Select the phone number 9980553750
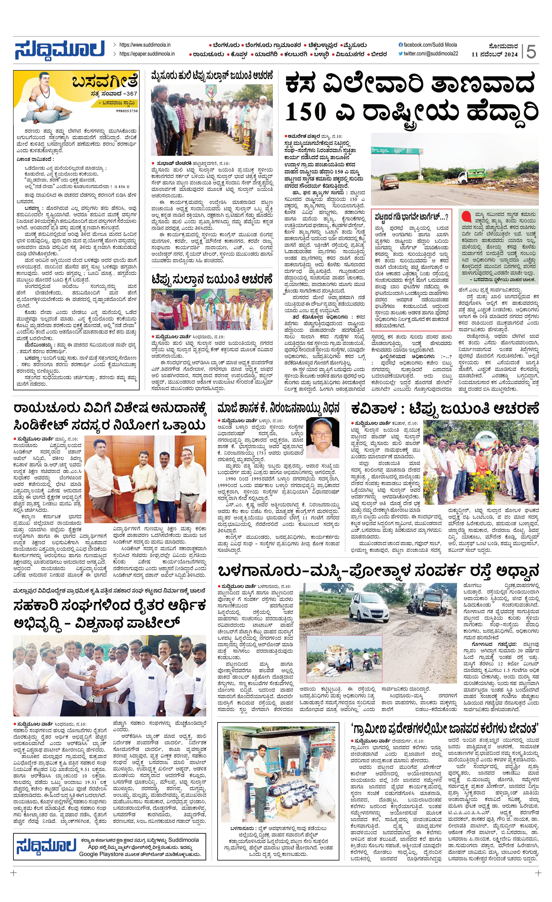(x=127, y=111)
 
